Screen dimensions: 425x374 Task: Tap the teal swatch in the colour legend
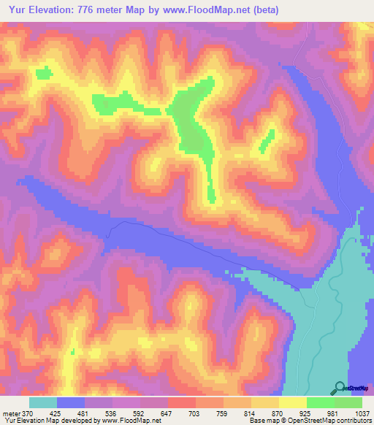[x=43, y=403]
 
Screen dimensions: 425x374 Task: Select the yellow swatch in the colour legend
[x=265, y=403]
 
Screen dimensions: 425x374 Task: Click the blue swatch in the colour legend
[x=71, y=403]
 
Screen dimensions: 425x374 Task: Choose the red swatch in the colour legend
[x=182, y=403]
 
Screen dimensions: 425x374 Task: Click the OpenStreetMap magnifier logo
[x=339, y=388]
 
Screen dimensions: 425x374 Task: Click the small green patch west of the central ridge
[x=43, y=73]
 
